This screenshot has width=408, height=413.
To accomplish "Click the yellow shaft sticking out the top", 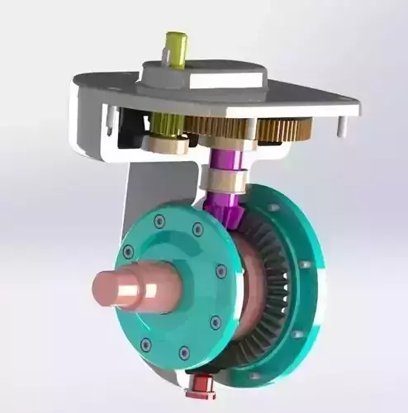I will [176, 48].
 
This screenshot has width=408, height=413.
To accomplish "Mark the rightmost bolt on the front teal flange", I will [221, 270].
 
